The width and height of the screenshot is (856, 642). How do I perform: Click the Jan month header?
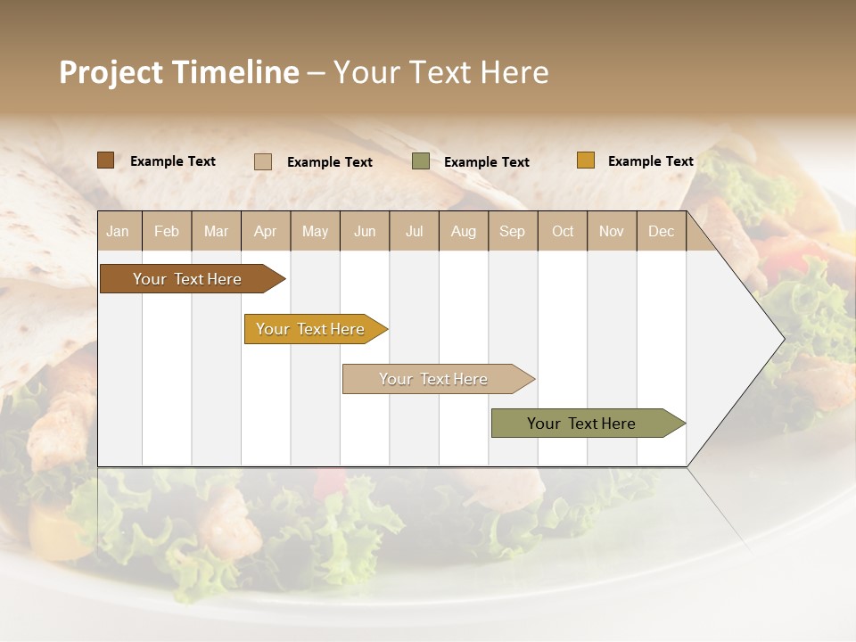click(x=118, y=231)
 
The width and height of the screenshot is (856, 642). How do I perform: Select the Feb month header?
click(x=167, y=231)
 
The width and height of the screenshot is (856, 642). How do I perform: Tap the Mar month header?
click(x=216, y=231)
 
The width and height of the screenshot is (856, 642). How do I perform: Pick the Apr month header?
click(x=266, y=231)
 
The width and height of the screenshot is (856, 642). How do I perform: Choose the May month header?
click(x=315, y=231)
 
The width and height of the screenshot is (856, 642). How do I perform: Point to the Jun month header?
click(x=365, y=231)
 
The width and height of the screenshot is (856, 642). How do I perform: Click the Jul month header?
click(x=414, y=231)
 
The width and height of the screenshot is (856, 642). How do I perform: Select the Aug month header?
click(x=464, y=231)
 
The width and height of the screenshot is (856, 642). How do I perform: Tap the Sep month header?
click(x=513, y=231)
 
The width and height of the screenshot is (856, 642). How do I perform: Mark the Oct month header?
click(x=563, y=231)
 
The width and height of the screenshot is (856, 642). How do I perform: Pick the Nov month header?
click(x=612, y=231)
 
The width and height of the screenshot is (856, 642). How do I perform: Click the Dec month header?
click(x=662, y=231)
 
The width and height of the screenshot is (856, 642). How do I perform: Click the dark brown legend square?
click(x=105, y=160)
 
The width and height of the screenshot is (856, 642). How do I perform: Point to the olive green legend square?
click(x=421, y=161)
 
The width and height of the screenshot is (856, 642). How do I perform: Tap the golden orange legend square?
click(x=585, y=160)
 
